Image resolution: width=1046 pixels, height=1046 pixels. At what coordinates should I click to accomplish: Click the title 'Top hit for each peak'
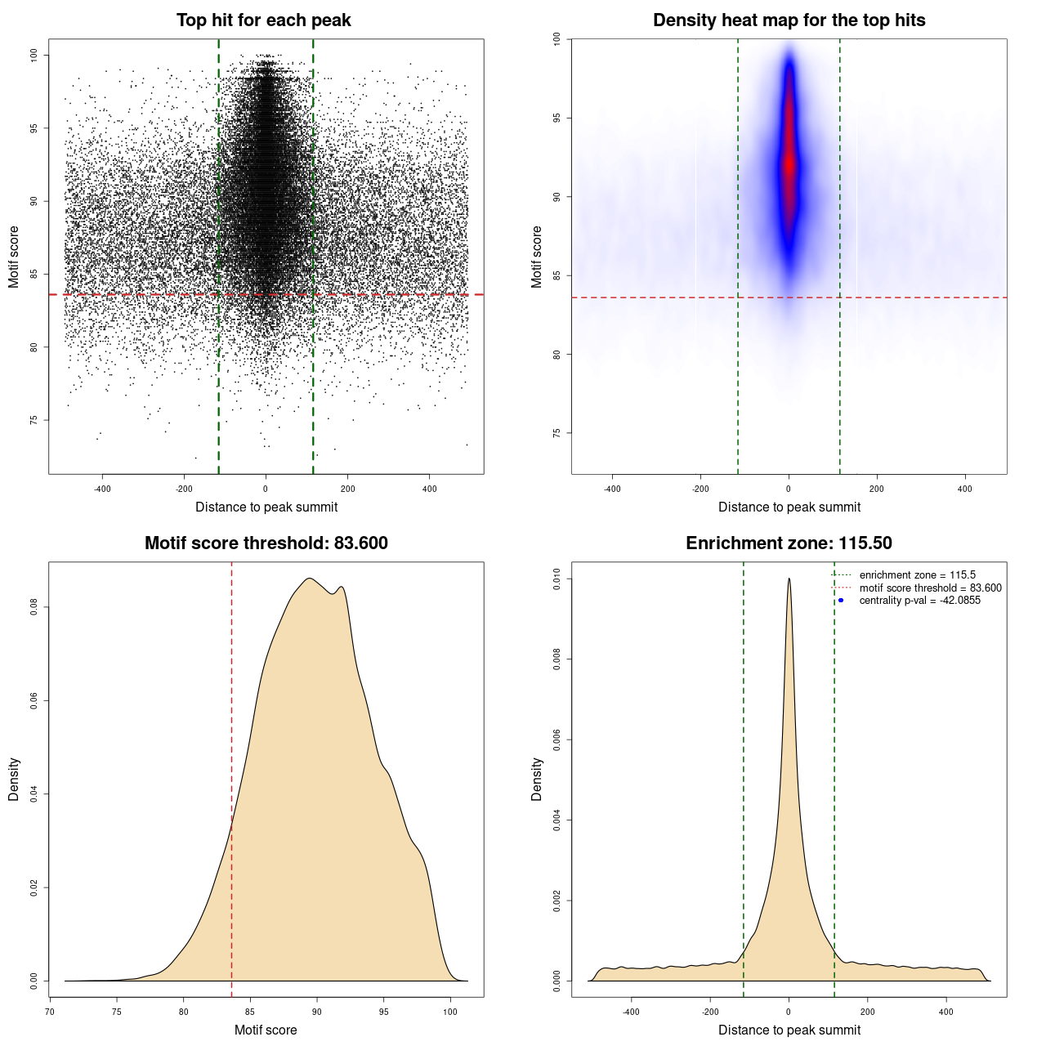pos(263,20)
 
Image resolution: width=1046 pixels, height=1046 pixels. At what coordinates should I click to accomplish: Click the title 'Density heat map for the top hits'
pos(789,20)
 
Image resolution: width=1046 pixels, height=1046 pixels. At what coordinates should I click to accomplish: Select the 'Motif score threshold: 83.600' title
pos(266,543)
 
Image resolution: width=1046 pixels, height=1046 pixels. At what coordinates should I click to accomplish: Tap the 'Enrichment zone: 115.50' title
pos(789,543)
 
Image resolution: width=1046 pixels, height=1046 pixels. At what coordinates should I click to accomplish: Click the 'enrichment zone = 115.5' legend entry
pos(917,575)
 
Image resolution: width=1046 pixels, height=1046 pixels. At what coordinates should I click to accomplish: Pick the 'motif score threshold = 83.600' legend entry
pos(930,588)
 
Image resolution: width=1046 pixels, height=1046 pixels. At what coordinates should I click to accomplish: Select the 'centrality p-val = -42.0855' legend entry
pos(919,601)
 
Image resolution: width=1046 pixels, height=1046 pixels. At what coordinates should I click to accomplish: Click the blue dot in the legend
pos(841,601)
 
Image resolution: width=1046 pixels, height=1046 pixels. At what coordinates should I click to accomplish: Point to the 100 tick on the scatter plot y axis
pos(34,55)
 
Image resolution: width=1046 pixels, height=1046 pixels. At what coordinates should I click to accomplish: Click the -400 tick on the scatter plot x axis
pos(102,489)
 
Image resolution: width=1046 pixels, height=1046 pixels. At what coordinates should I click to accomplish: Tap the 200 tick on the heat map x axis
pos(877,489)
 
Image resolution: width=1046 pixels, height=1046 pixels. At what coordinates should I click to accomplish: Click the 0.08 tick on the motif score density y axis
pos(34,607)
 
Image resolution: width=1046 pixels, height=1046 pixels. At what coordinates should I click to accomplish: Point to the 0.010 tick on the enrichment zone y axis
pos(557,579)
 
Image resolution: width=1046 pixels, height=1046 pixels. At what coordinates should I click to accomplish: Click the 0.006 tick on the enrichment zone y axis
pos(557,740)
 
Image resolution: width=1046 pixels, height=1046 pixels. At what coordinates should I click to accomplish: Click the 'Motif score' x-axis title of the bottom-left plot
pos(266,1030)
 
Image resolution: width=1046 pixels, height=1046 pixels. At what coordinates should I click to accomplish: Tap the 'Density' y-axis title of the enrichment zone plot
pos(537,779)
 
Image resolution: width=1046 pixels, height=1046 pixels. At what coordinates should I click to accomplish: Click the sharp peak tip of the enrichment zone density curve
pos(789,579)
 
